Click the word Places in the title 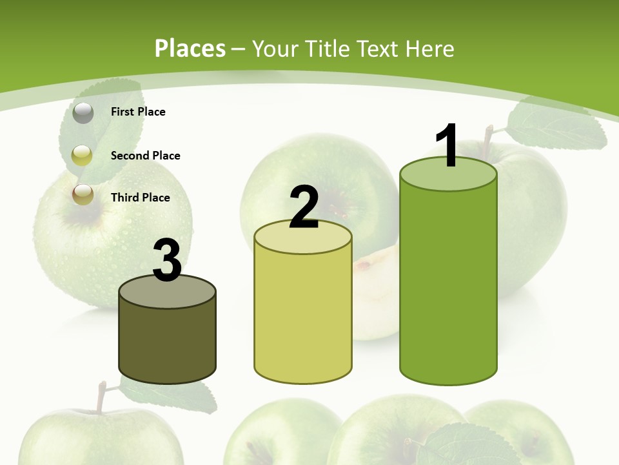pyautogui.click(x=190, y=48)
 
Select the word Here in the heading pyautogui.click(x=431, y=48)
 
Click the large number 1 pyautogui.click(x=447, y=145)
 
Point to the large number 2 pyautogui.click(x=304, y=208)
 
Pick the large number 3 pyautogui.click(x=167, y=260)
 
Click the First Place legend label pyautogui.click(x=138, y=112)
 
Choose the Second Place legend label pyautogui.click(x=145, y=156)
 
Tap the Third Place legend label pyautogui.click(x=140, y=198)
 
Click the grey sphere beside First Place pyautogui.click(x=83, y=113)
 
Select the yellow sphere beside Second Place pyautogui.click(x=83, y=155)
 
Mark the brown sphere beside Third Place pyautogui.click(x=83, y=194)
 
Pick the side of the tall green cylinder pyautogui.click(x=448, y=284)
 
